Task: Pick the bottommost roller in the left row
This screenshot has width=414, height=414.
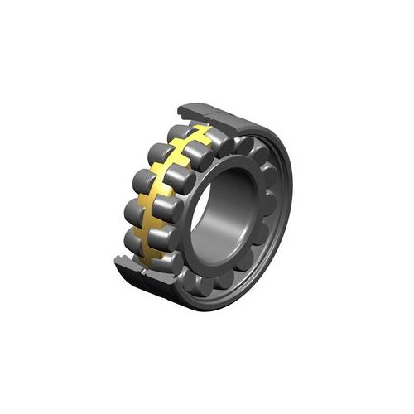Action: tap(137, 239)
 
